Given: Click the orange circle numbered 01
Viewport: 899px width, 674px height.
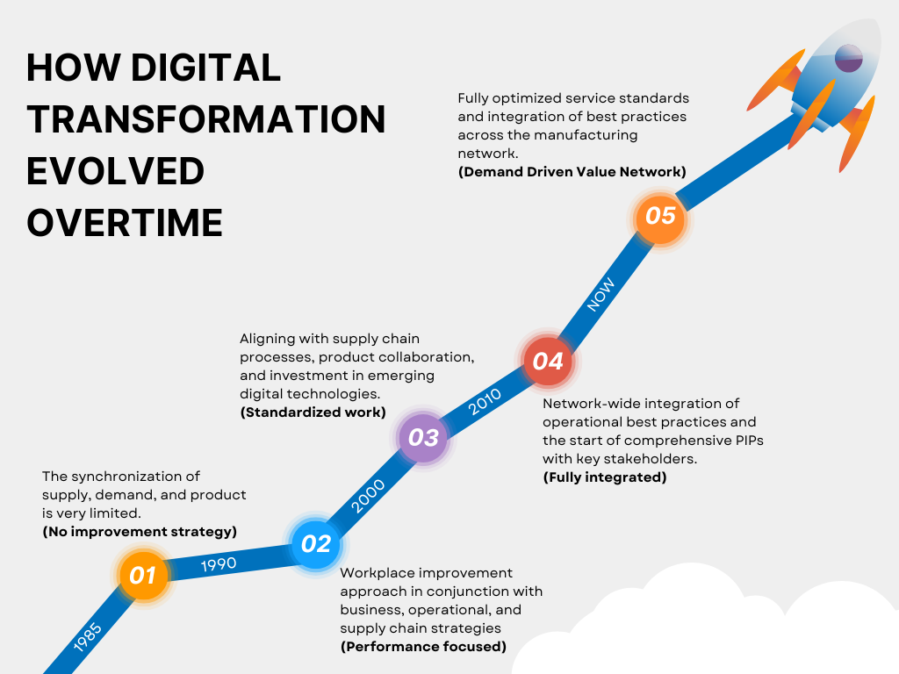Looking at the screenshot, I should click(x=143, y=576).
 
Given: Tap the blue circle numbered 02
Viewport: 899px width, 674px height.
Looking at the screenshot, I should click(x=316, y=544).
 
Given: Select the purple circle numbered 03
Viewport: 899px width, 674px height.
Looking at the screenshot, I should click(x=424, y=437).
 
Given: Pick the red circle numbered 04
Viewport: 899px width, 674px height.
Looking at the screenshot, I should click(x=548, y=361).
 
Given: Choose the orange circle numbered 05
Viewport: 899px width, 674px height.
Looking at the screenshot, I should click(x=660, y=215).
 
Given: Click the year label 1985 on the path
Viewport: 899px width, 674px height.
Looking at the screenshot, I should click(x=88, y=638).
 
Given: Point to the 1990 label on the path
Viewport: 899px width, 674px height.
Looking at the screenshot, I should click(x=218, y=563).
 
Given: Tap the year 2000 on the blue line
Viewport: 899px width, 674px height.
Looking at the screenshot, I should click(x=368, y=497).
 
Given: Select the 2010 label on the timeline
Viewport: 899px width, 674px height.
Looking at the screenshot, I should click(x=485, y=401).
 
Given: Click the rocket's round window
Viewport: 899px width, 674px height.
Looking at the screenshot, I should click(x=848, y=59).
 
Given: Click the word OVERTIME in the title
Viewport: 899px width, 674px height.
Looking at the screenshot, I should click(x=124, y=223).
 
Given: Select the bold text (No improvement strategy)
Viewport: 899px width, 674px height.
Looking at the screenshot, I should click(x=140, y=532).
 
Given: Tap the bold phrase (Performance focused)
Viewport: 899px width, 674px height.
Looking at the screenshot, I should click(x=423, y=647).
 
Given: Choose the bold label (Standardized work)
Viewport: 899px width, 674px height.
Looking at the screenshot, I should click(x=313, y=412).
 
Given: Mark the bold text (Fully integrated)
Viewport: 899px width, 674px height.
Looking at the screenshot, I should click(x=604, y=477).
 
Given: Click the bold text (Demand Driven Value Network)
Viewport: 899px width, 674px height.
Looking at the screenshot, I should click(x=572, y=172).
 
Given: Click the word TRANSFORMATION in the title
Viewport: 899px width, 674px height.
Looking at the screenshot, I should click(x=205, y=119).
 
